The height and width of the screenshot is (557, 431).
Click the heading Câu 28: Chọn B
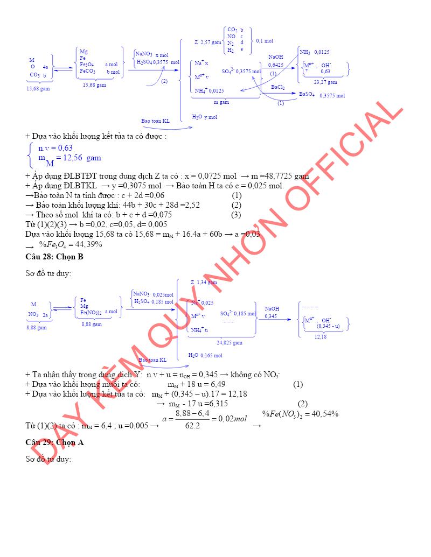pyautogui.click(x=54, y=257)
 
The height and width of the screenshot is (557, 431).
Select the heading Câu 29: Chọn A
pyautogui.click(x=54, y=442)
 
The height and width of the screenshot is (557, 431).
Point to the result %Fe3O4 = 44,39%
pyautogui.click(x=70, y=244)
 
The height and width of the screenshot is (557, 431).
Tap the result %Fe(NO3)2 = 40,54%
pyautogui.click(x=300, y=414)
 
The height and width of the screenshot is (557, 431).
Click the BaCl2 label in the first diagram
pyautogui.click(x=278, y=87)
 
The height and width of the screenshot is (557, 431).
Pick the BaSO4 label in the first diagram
pyautogui.click(x=307, y=94)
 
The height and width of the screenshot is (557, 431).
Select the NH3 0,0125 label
pyautogui.click(x=314, y=52)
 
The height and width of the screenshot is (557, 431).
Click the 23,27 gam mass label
pyautogui.click(x=325, y=82)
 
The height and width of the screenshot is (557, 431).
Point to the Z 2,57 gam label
pyautogui.click(x=208, y=41)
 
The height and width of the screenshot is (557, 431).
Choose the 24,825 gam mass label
pyautogui.click(x=230, y=342)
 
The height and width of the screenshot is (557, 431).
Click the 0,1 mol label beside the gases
pyautogui.click(x=265, y=40)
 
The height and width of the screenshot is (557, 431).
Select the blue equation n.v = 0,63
pyautogui.click(x=55, y=148)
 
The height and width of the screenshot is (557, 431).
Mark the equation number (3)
pyautogui.click(x=236, y=215)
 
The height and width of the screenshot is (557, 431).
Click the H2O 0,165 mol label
pyautogui.click(x=205, y=355)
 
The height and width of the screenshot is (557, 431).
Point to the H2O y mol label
pyautogui.click(x=204, y=117)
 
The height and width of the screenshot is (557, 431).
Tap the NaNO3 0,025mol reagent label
pyautogui.click(x=154, y=294)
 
